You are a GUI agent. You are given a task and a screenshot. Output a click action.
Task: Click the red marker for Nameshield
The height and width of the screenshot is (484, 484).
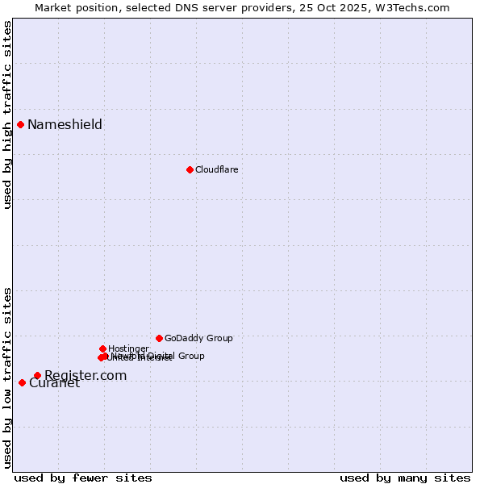(20, 124)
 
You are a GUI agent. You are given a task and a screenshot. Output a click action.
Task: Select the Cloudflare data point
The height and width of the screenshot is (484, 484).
(190, 169)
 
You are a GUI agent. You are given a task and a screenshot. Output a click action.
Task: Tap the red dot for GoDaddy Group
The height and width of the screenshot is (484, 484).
(159, 338)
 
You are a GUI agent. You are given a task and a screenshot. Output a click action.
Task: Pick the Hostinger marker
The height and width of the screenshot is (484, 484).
(102, 348)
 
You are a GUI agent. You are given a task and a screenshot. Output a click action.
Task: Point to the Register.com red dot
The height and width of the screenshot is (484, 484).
(37, 375)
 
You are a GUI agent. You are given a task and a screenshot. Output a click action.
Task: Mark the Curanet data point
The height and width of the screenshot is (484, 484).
(22, 382)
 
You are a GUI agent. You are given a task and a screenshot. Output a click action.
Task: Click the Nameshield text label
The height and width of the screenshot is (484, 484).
(65, 124)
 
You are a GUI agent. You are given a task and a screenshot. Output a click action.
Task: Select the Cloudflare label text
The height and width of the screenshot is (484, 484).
(216, 169)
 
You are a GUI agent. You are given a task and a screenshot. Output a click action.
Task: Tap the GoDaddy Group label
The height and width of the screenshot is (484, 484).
(198, 338)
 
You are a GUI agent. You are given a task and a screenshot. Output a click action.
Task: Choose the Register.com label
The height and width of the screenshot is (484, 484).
(86, 375)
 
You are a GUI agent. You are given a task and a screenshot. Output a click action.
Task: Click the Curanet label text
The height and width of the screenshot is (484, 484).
(54, 383)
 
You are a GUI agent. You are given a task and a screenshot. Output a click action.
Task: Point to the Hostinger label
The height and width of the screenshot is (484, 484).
(128, 348)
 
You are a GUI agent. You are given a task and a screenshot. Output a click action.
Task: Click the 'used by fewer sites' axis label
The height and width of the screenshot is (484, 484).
(83, 478)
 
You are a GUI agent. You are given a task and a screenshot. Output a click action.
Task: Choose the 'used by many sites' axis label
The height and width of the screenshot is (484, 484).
(404, 478)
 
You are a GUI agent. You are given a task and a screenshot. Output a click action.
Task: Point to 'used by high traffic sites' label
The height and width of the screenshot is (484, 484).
(7, 115)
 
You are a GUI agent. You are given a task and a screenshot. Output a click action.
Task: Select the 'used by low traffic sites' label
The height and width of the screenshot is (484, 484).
(7, 378)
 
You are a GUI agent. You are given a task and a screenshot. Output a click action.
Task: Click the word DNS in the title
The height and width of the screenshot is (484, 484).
(194, 7)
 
